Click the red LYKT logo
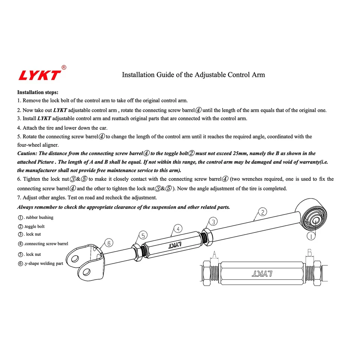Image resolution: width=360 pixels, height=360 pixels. point(39,75)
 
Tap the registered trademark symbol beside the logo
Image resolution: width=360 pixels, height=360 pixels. point(64,67)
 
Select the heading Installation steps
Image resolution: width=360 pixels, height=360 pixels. point(37,92)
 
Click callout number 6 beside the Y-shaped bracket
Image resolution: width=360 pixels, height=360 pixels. point(109,243)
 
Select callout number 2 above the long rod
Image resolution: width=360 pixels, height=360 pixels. point(263,213)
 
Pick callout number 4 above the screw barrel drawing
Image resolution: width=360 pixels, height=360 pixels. point(178,228)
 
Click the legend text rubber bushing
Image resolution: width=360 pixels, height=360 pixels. point(39,217)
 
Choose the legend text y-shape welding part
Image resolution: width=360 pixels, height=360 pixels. point(44,264)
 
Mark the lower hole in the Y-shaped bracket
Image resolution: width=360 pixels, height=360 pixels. point(86,272)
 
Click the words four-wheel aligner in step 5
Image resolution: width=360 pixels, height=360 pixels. point(38,145)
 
